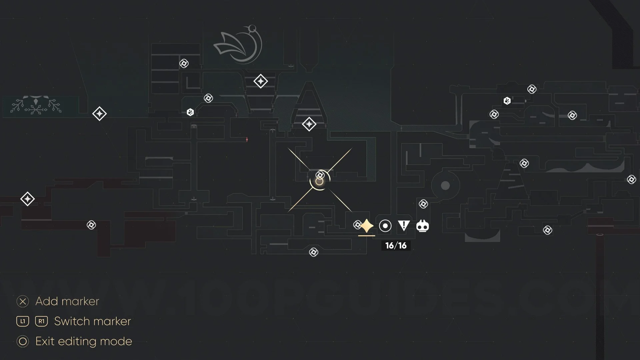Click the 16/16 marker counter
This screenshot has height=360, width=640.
(x=396, y=246)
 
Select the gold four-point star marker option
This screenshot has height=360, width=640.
(x=367, y=226)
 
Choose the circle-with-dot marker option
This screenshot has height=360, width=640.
(x=385, y=226)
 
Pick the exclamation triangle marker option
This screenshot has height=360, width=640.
(x=404, y=226)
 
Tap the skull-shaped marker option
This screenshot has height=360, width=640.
(x=422, y=226)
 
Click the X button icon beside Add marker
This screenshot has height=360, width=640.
(x=23, y=301)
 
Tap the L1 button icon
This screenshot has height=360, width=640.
(x=23, y=321)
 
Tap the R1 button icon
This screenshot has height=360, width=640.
(x=41, y=321)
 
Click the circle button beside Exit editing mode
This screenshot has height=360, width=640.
(x=23, y=341)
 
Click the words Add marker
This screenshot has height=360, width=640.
(x=67, y=301)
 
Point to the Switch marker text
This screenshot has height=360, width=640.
(x=92, y=321)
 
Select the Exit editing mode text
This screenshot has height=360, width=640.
(x=84, y=341)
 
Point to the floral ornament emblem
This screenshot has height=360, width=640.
(x=36, y=105)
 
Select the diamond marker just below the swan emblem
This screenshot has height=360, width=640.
(x=260, y=81)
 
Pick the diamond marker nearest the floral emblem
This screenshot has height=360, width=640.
(x=99, y=114)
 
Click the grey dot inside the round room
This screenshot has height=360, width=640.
(x=445, y=186)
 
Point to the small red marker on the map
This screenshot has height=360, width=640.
(x=247, y=140)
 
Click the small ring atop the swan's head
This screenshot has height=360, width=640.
(x=252, y=28)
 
